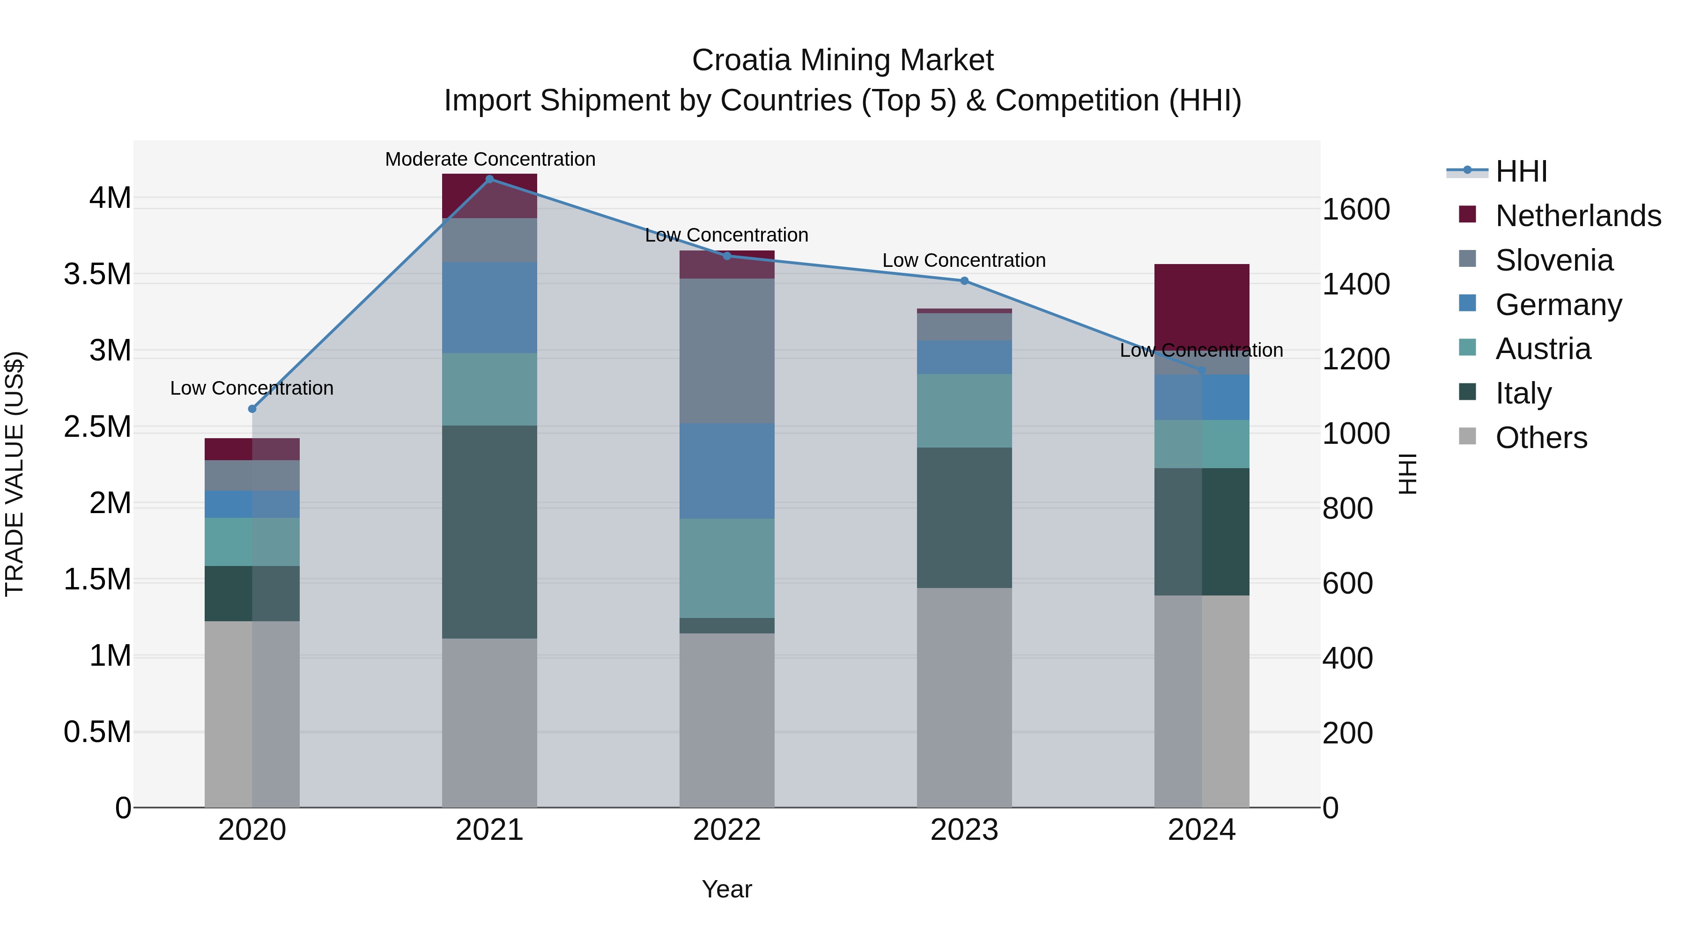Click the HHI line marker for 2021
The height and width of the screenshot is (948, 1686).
489,179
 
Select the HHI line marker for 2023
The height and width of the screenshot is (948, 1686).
964,281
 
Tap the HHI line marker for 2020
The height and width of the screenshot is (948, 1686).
252,409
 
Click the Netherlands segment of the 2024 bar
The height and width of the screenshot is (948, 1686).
1202,308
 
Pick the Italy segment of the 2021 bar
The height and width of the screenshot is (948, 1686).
489,531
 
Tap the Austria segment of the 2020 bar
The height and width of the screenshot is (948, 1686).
252,542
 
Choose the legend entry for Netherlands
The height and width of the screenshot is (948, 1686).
1577,215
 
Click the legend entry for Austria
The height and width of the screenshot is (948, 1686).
1542,349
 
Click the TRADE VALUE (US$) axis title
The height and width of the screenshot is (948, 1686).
15,474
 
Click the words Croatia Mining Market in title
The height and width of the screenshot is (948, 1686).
843,60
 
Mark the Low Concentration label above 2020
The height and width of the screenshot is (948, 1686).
252,388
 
